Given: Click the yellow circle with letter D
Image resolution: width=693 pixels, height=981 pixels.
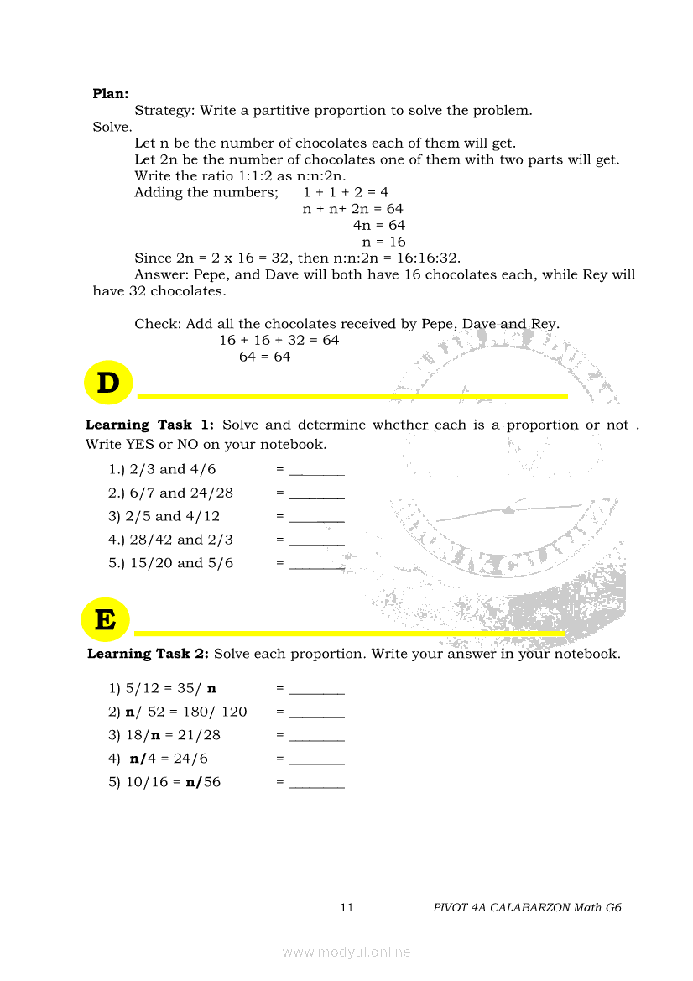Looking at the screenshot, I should click(108, 384).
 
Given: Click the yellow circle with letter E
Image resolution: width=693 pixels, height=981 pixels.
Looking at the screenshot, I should click(105, 621).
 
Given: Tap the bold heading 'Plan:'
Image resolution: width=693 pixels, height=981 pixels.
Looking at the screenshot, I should click(110, 94).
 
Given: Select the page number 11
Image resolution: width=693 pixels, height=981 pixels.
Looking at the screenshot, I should click(347, 907).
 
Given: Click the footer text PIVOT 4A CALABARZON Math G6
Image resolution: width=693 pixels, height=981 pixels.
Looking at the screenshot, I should click(527, 907).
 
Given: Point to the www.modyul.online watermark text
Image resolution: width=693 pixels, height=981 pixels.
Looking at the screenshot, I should click(346, 952).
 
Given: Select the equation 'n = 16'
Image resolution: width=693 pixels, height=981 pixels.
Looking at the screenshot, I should click(383, 242).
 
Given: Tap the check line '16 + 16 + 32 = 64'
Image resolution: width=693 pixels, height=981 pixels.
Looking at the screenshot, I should click(279, 340).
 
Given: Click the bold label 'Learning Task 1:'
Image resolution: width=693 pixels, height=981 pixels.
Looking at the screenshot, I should click(150, 425).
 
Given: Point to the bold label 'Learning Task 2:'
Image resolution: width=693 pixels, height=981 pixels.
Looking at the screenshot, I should click(148, 654).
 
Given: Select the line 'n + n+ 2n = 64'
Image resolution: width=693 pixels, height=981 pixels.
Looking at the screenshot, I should click(353, 209).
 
